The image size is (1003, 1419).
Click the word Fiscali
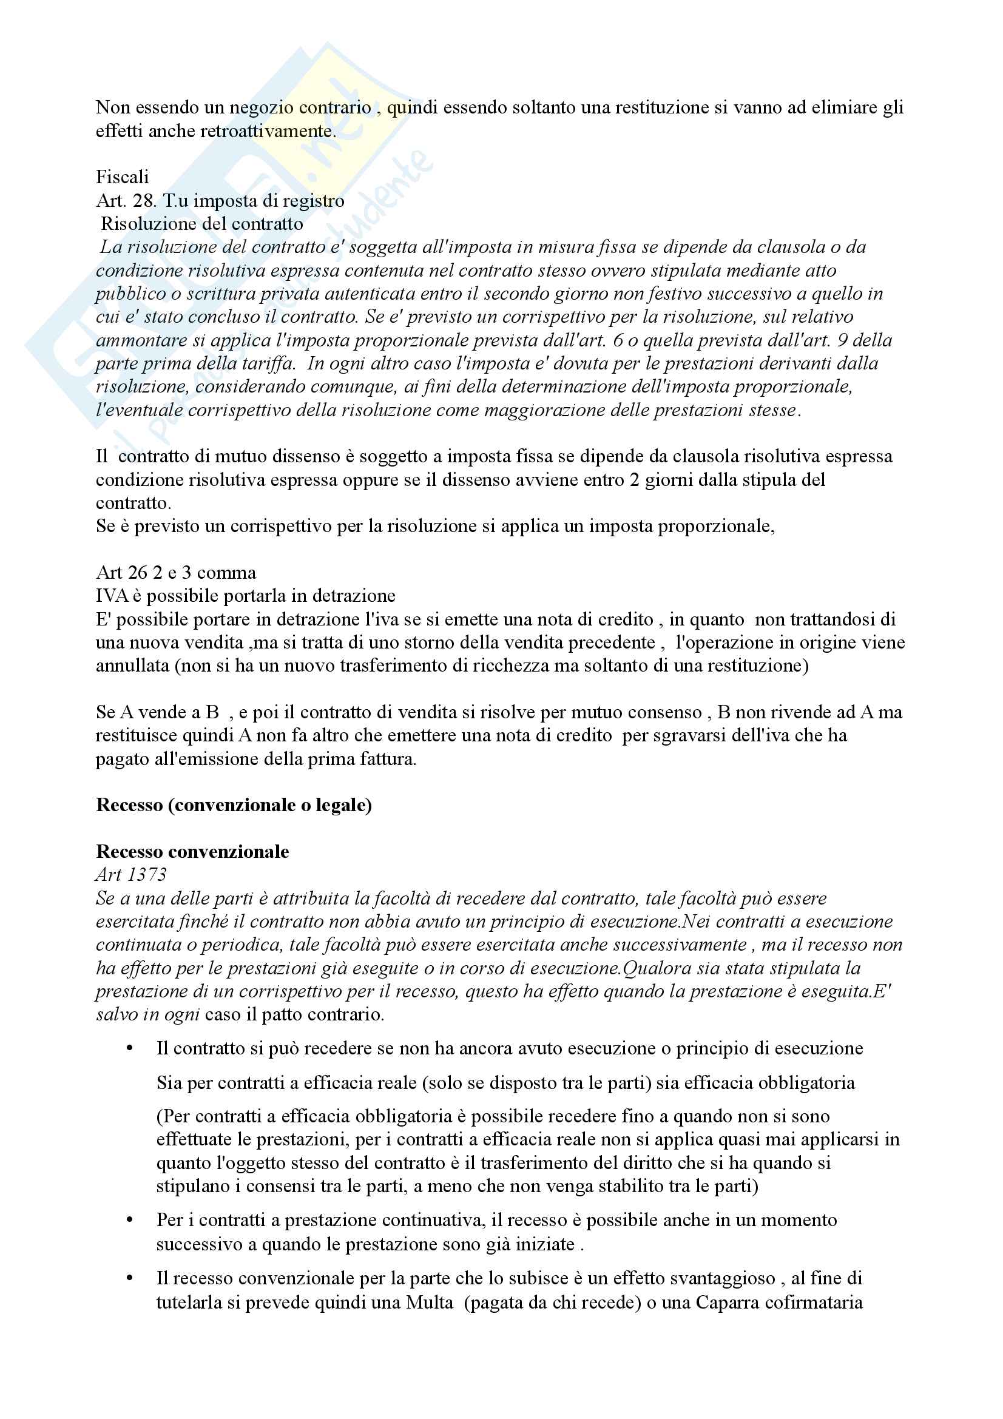pyautogui.click(x=123, y=177)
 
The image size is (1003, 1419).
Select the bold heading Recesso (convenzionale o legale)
pyautogui.click(x=234, y=805)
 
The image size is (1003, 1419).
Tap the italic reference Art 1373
pyautogui.click(x=131, y=875)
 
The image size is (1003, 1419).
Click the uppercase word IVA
pyautogui.click(x=112, y=596)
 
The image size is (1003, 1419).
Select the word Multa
pyautogui.click(x=430, y=1302)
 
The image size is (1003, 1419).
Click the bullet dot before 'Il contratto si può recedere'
pyautogui.click(x=130, y=1049)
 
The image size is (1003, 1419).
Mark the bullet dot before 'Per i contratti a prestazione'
pyautogui.click(x=130, y=1221)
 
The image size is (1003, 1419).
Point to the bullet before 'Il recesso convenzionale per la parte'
pyautogui.click(x=130, y=1279)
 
